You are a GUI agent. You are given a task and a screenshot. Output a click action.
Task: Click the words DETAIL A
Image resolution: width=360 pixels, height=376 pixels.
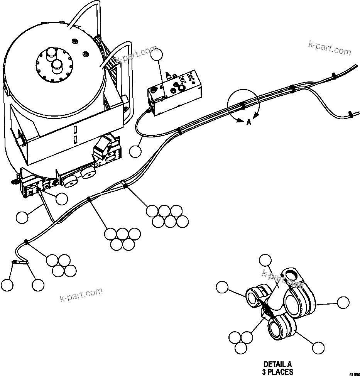pos(278,364)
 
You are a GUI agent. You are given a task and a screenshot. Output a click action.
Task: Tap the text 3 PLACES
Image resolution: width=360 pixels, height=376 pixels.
pos(278,371)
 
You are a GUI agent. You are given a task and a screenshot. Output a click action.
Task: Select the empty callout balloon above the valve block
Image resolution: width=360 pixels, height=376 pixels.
pos(157,56)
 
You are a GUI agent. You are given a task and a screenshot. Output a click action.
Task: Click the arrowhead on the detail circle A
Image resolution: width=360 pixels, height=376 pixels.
pos(255,114)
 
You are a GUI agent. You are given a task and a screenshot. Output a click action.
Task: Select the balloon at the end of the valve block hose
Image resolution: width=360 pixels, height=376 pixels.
pos(135,151)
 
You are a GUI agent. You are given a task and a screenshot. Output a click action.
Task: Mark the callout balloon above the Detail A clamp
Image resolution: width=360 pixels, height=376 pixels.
pos(265,261)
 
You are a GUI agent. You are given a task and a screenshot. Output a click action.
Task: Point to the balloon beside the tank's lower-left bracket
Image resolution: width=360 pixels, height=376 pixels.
pos(61,199)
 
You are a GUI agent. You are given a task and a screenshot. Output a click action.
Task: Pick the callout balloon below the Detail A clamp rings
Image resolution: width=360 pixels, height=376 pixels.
pos(318,348)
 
